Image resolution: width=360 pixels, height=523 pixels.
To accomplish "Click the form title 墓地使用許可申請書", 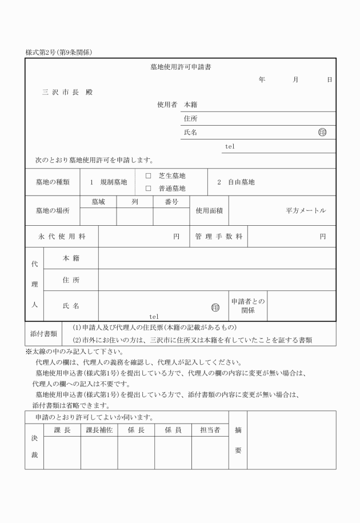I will pyautogui.click(x=180, y=67).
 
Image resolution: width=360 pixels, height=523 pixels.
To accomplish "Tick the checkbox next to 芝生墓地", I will pyautogui.click(x=148, y=176).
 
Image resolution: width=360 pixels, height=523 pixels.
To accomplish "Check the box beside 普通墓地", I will pyautogui.click(x=148, y=188).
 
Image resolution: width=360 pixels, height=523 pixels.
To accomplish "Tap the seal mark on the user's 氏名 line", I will pyautogui.click(x=322, y=132).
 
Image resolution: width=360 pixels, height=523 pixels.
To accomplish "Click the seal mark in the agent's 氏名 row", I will pyautogui.click(x=215, y=307).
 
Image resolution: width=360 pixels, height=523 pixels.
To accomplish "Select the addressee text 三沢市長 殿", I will pyautogui.click(x=67, y=92).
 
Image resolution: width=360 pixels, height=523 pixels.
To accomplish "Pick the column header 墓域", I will pyautogui.click(x=98, y=202).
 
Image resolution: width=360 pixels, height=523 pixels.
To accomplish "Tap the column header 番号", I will pyautogui.click(x=171, y=202).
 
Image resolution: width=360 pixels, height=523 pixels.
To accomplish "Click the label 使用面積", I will pyautogui.click(x=209, y=210).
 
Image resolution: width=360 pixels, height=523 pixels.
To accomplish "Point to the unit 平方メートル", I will pyautogui.click(x=306, y=210).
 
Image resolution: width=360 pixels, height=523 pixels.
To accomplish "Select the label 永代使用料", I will pyautogui.click(x=62, y=236).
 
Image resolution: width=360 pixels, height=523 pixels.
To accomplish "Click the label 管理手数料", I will pyautogui.click(x=218, y=236).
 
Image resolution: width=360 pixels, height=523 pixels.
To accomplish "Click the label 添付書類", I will pyautogui.click(x=43, y=333).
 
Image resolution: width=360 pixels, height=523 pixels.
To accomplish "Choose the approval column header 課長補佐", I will pyautogui.click(x=99, y=430).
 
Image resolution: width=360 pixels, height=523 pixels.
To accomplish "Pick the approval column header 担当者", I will pyautogui.click(x=210, y=430).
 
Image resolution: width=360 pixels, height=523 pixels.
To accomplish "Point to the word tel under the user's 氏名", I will pyautogui.click(x=230, y=146).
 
